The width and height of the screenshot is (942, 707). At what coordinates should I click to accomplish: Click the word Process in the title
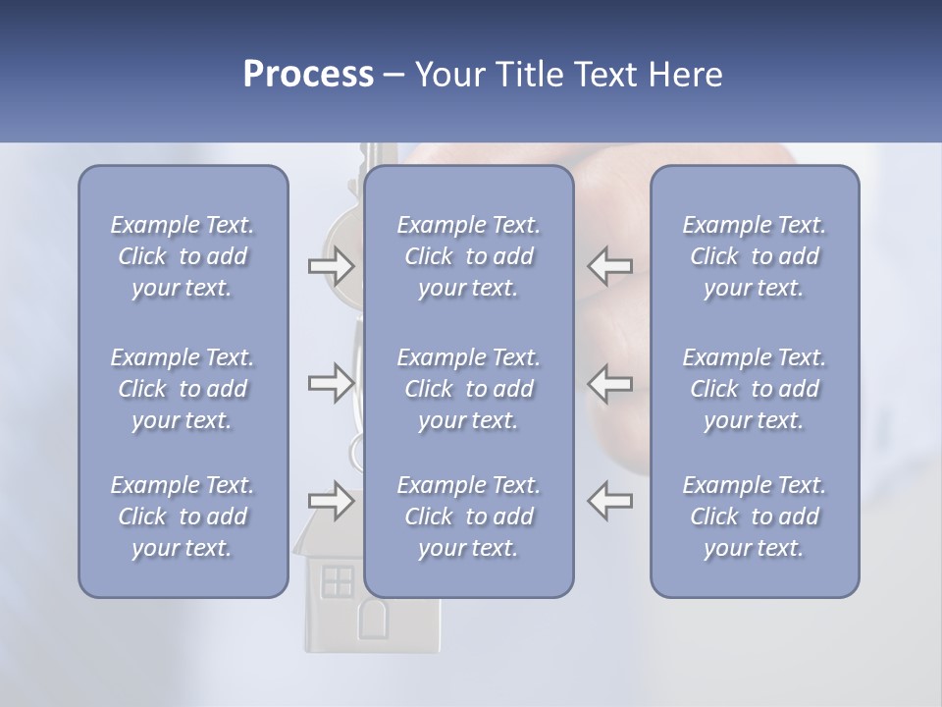pos(308,75)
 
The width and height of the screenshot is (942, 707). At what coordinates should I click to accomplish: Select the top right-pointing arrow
pos(331,265)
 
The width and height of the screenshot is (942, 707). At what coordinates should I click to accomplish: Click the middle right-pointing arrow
pos(331,383)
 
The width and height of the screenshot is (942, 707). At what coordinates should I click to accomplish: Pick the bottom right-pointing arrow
pos(331,500)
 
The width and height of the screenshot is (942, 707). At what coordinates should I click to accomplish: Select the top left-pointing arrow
pos(609,265)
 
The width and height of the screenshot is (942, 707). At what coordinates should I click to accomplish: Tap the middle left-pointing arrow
pos(609,383)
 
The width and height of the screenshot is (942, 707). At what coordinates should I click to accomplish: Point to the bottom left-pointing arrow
pos(609,500)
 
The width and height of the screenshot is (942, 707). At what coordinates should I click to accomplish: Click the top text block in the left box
pos(183,256)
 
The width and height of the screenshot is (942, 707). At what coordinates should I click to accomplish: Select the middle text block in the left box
pos(183,389)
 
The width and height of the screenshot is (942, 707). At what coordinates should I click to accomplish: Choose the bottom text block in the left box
pos(183,517)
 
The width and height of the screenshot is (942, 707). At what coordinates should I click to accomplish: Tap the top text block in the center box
pos(468,256)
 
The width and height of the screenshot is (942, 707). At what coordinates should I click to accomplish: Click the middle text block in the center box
pos(468,389)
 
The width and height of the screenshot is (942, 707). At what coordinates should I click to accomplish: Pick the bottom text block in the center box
pos(468,517)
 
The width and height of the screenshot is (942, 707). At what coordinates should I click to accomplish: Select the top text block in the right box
pos(755,256)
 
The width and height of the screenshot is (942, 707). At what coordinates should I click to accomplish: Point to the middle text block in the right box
pos(755,389)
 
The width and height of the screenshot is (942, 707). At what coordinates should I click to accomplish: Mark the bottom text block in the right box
pos(755,517)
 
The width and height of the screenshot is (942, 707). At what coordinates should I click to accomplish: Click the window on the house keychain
pos(338,581)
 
